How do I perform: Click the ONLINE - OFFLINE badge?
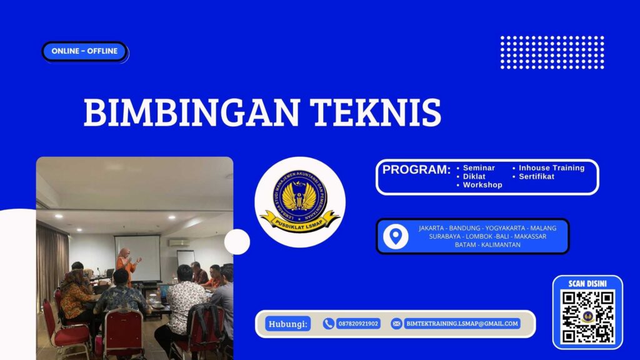click(x=84, y=51)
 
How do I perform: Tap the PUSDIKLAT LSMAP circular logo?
click(x=300, y=202)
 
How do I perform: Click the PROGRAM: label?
click(x=416, y=170)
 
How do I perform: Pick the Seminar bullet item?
click(x=479, y=168)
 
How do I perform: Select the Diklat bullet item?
click(x=474, y=177)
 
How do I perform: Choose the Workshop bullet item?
click(x=482, y=186)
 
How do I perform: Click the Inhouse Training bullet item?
click(x=551, y=168)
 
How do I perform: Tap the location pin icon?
click(x=395, y=236)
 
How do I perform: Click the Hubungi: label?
click(x=288, y=324)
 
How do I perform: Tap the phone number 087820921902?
click(x=358, y=324)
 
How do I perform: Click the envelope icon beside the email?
click(x=396, y=324)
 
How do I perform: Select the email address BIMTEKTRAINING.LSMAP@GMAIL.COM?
click(x=462, y=324)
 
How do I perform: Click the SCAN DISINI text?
click(x=587, y=284)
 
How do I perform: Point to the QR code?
click(x=587, y=316)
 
